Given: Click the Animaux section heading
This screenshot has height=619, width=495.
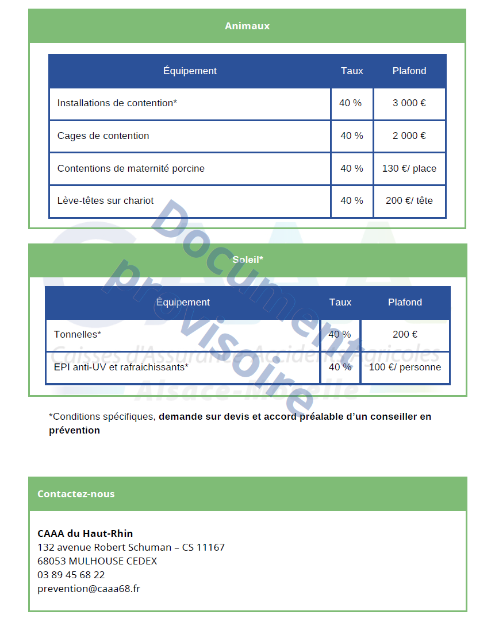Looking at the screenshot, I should point(247,26).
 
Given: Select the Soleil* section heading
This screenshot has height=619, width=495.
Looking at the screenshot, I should point(248,260).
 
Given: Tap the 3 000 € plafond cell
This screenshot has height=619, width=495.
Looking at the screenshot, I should point(409,103).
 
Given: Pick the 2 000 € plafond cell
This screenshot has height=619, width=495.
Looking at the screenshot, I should point(409,136).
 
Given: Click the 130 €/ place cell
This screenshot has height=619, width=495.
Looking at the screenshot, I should point(409,169).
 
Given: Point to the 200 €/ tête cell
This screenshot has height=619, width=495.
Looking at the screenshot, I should point(409,201).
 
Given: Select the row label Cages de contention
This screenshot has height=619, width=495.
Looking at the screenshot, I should point(103,136).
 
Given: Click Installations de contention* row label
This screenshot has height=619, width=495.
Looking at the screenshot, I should point(117,103).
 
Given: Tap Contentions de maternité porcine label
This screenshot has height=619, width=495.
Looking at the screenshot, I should point(131,169).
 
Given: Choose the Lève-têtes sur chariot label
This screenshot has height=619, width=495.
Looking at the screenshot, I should point(106,201).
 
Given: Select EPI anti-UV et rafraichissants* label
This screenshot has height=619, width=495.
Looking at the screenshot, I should point(121,367).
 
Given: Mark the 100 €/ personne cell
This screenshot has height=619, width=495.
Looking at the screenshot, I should point(405,367).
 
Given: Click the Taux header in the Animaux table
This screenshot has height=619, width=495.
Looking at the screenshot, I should point(352,71).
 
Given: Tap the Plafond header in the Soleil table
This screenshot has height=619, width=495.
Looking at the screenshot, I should point(405,303).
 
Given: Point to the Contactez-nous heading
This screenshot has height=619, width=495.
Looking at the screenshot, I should point(76,494).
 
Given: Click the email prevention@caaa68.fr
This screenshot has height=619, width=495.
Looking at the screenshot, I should point(89,589).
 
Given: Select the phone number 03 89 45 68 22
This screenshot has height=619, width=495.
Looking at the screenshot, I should point(71,575).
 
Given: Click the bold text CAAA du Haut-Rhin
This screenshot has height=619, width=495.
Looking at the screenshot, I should point(85,533).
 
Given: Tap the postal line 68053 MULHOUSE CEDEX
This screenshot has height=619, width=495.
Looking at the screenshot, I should point(97,561).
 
